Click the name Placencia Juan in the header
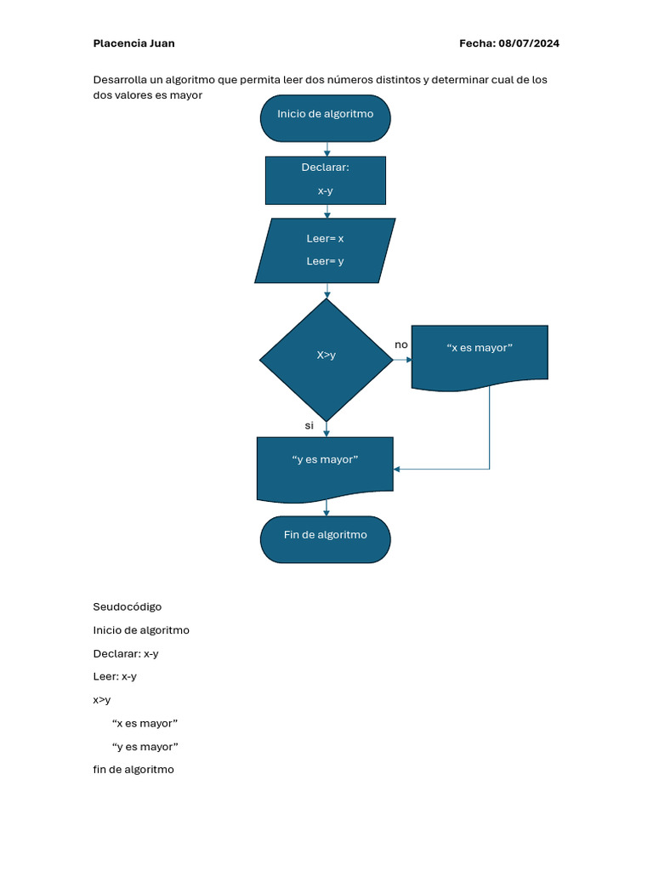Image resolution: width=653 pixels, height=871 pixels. point(133,43)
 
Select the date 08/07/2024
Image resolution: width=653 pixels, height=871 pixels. point(529,43)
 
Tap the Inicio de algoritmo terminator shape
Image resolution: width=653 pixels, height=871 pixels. point(326,118)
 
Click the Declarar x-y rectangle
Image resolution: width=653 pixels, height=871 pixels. point(326,180)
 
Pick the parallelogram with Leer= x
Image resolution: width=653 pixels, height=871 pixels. point(325,251)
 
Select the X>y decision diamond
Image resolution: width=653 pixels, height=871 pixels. point(326,360)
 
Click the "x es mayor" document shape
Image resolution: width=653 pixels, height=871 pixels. point(480,357)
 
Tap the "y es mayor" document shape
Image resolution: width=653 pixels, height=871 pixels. point(325,470)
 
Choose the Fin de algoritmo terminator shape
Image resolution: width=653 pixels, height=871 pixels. point(326,539)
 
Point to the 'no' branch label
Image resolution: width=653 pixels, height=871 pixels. point(401,345)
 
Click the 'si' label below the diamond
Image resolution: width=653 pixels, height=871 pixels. point(309,425)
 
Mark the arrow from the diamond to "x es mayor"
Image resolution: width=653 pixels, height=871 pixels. point(402,360)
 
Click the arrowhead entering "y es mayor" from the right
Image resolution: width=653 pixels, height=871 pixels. point(396,469)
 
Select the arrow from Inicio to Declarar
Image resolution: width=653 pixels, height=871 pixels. point(327,149)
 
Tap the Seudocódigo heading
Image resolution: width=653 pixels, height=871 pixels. point(128,606)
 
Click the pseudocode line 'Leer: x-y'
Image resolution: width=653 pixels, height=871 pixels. point(115,676)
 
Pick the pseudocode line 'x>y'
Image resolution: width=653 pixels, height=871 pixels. point(102,700)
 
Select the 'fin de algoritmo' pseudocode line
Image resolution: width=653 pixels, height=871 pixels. point(133,769)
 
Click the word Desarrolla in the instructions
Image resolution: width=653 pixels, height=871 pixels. point(120,80)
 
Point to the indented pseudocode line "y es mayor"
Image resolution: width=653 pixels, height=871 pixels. point(145,747)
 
